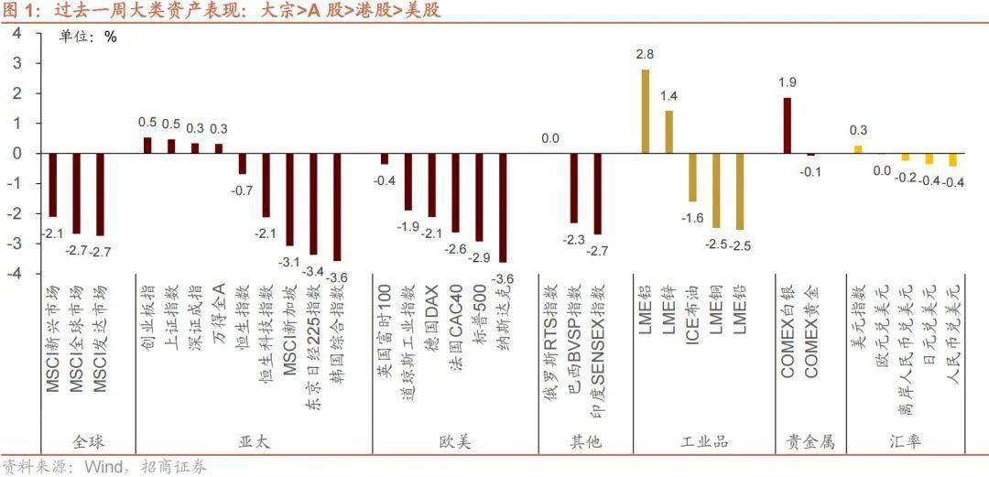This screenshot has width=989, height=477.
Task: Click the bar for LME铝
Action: [646, 111]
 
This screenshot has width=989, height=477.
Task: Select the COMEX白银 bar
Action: [787, 125]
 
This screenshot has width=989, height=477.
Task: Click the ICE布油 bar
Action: [692, 178]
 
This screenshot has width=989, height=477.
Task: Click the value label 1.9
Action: [787, 83]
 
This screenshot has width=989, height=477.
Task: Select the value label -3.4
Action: [314, 270]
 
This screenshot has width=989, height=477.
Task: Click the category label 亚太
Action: [254, 442]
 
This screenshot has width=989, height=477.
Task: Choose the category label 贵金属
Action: [810, 442]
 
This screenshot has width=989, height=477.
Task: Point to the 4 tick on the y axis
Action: [16, 33]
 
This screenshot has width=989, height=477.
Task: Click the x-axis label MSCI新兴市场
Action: [53, 339]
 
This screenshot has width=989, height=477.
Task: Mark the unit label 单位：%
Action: [88, 38]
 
